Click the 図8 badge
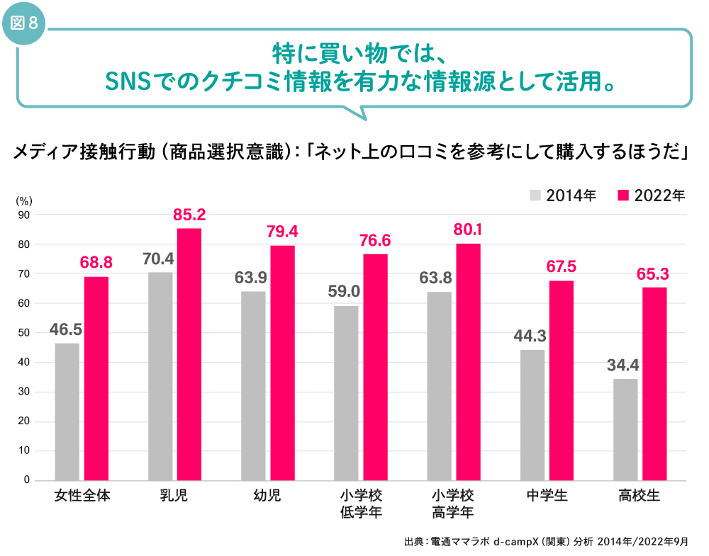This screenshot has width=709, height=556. coord(26,23)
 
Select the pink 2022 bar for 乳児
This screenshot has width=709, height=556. coord(189,354)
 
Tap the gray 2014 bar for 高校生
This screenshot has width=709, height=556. coord(625,429)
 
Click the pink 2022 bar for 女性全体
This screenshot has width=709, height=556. coord(96,378)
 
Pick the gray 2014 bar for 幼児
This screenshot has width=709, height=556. coord(253,386)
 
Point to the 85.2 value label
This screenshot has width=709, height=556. coord(189,214)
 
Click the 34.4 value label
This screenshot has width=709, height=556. coord(623,365)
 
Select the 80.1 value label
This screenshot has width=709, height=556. coord(468,229)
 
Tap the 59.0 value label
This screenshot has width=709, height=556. coord(345,292)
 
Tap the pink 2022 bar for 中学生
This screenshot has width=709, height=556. coord(562,380)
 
